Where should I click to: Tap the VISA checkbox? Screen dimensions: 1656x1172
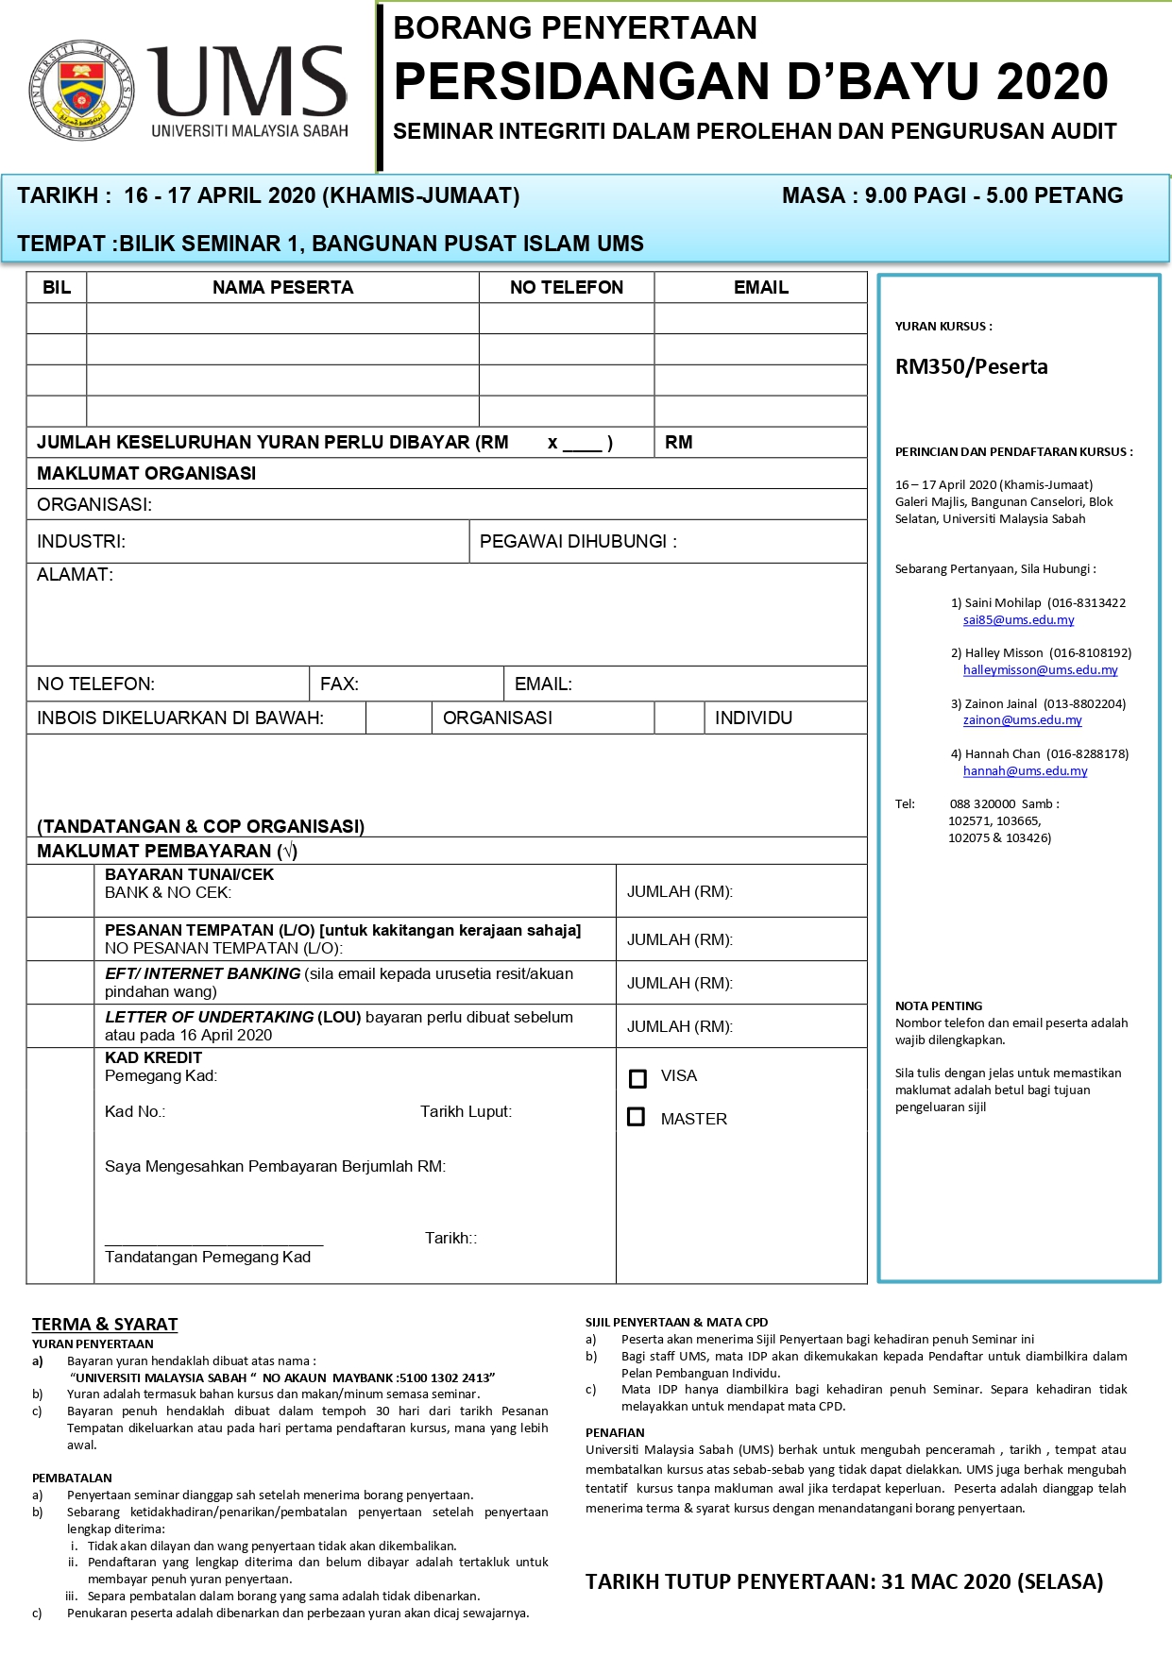click(637, 1078)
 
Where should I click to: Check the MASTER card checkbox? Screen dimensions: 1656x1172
click(637, 1117)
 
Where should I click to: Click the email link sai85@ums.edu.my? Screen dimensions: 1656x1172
click(1018, 620)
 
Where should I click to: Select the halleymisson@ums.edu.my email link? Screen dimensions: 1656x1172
click(1040, 669)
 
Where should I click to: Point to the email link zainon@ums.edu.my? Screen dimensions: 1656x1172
click(1022, 719)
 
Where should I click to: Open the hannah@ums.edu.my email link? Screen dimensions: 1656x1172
click(1025, 770)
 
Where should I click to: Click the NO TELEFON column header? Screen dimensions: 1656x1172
click(567, 287)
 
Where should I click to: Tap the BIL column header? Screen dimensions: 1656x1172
click(57, 287)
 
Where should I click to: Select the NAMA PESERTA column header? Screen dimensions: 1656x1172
click(282, 287)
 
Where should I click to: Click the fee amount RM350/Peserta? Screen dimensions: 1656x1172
click(971, 366)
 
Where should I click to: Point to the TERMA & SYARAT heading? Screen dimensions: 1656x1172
click(105, 1324)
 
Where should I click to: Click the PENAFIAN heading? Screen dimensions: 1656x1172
click(615, 1432)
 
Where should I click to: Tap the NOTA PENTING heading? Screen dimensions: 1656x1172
click(939, 1005)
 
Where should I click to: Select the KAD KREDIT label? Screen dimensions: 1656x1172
click(153, 1057)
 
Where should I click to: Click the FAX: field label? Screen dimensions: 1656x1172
click(339, 684)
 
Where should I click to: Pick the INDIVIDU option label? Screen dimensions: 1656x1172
click(753, 718)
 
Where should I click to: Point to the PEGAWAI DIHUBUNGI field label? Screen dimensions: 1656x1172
click(578, 541)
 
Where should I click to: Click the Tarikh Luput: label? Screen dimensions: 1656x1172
click(466, 1111)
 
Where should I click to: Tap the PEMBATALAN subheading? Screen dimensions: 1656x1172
click(72, 1478)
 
